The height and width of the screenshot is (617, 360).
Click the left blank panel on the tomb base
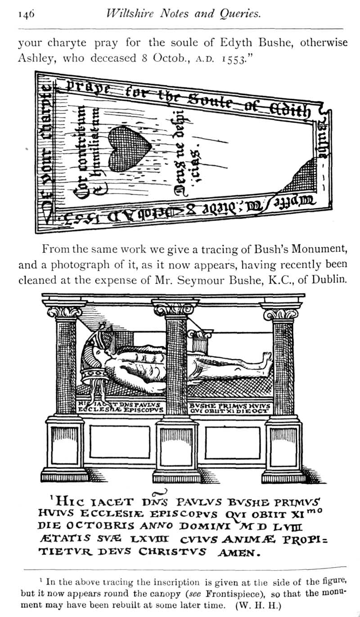120,442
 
